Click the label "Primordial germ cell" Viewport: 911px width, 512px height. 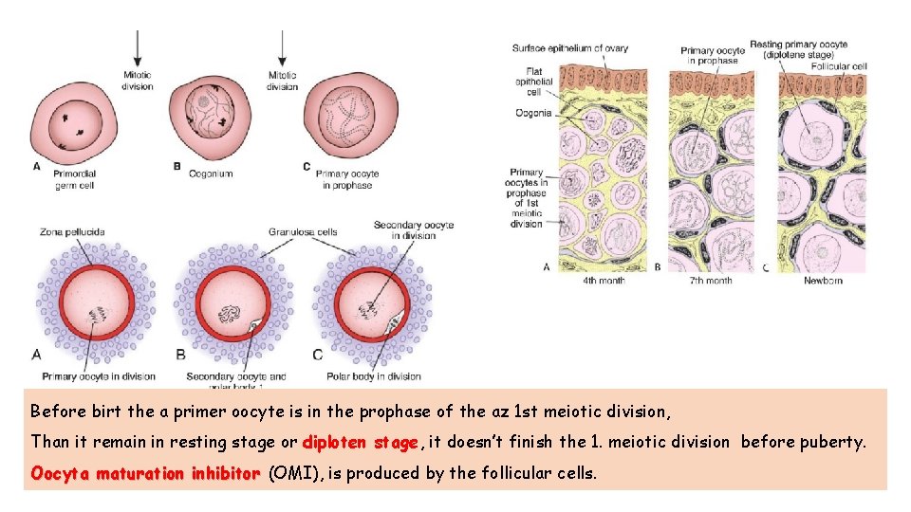click(x=75, y=180)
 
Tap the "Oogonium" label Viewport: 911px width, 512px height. click(x=210, y=174)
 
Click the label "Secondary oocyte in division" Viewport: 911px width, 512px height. click(x=413, y=229)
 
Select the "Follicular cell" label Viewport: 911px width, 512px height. click(x=839, y=66)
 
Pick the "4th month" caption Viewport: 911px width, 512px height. click(x=604, y=281)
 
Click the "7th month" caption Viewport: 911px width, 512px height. click(x=712, y=281)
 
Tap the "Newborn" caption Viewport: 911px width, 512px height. click(x=822, y=281)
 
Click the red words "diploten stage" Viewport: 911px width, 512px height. click(x=360, y=442)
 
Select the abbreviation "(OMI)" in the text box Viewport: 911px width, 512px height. click(x=295, y=472)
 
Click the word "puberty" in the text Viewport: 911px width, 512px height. click(x=836, y=442)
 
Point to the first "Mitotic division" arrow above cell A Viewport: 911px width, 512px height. click(x=138, y=46)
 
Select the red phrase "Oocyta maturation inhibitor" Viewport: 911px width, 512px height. click(x=145, y=472)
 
